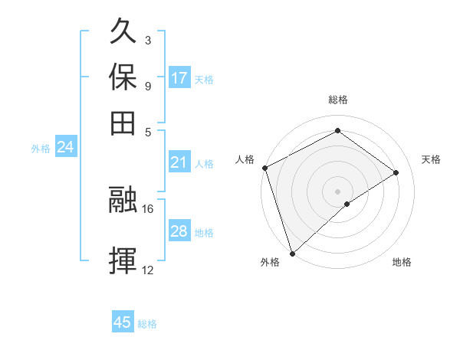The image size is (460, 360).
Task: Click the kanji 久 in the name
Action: (123, 34)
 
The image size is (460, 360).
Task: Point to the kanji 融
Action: (123, 200)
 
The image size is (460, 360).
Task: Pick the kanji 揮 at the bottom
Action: (123, 260)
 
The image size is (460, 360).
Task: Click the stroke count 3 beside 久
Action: (147, 40)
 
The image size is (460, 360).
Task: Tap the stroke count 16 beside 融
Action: (148, 208)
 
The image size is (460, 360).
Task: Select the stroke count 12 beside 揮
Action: (148, 269)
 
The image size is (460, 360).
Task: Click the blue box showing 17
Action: (179, 78)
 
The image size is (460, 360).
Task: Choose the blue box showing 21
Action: (179, 162)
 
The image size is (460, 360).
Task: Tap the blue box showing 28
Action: (179, 231)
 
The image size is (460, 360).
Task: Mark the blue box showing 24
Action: (65, 147)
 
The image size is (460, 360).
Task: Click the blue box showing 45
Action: (123, 322)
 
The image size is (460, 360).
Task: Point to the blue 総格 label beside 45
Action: (147, 324)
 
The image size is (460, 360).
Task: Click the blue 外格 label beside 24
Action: (41, 149)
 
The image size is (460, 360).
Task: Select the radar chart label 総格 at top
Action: (337, 100)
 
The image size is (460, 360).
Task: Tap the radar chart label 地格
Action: (402, 262)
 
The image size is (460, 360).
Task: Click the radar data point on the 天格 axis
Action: (396, 172)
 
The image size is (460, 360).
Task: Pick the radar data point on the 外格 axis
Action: (292, 253)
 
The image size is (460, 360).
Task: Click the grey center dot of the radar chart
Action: (337, 191)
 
